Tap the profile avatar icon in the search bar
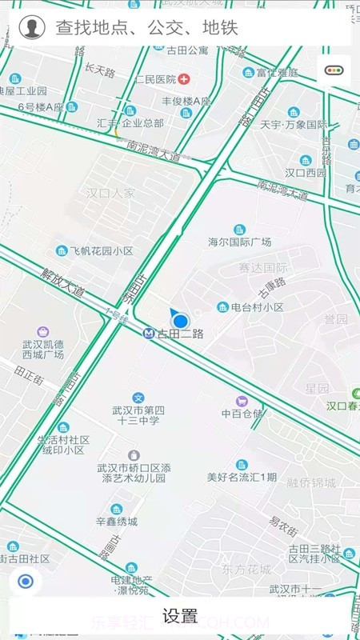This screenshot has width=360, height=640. (x=31, y=28)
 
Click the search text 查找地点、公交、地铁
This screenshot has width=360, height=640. (x=146, y=29)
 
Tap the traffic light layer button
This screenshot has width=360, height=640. (x=334, y=70)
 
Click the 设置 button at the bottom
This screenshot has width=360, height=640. (x=180, y=616)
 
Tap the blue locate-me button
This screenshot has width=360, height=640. (x=26, y=582)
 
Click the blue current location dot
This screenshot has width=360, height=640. (x=181, y=320)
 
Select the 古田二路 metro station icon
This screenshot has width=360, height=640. (x=149, y=334)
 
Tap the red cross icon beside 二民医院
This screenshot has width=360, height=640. (x=185, y=79)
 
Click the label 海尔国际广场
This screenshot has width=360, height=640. (x=240, y=242)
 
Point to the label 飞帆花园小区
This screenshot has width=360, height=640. (x=101, y=250)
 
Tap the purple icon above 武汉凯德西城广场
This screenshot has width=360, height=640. (x=42, y=331)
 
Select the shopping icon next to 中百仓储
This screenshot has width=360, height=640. (x=242, y=400)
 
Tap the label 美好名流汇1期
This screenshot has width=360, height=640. (x=242, y=478)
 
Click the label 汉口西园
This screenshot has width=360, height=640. (x=306, y=173)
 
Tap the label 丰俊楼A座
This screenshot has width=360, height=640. (x=186, y=102)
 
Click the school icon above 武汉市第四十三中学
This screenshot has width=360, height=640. (x=138, y=398)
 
